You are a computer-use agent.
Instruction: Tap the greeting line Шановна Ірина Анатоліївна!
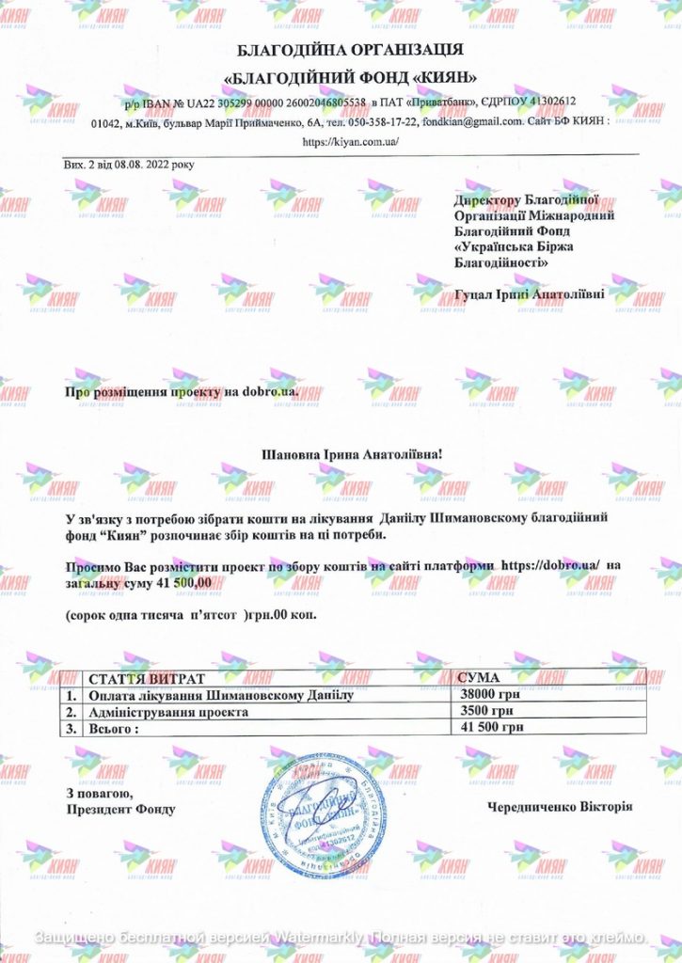350,454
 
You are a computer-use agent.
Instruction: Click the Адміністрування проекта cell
167,712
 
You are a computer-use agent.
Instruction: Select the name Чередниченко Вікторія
561,807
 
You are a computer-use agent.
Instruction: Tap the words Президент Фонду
120,809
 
